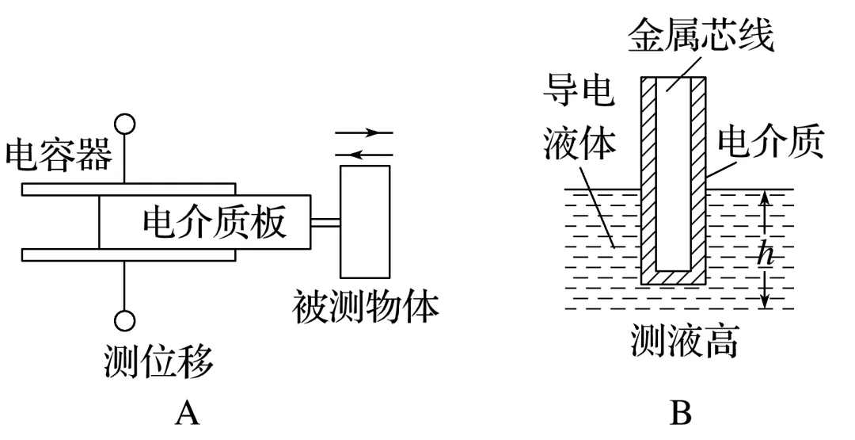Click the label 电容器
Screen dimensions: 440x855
[59, 155]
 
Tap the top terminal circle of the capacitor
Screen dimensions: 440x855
[125, 124]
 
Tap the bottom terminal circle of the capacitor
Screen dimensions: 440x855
[125, 320]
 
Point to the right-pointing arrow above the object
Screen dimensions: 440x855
[364, 132]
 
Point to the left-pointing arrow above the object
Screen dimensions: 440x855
[364, 155]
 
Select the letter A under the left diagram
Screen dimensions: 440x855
[188, 413]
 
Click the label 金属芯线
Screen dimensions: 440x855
[701, 37]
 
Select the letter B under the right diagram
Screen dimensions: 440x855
[681, 413]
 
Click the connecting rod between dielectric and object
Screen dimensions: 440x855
[325, 224]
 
